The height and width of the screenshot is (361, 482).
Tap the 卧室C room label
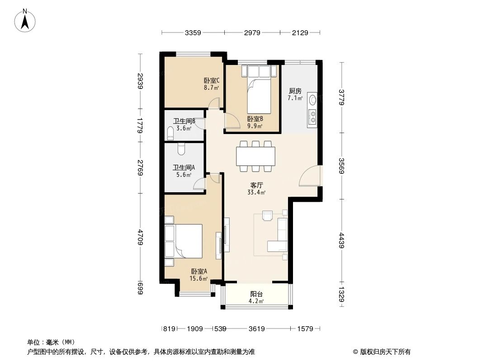(211, 81)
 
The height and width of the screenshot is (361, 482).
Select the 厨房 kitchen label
(295, 90)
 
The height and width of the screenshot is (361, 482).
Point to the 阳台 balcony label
(257, 294)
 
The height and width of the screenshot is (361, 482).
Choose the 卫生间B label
(184, 121)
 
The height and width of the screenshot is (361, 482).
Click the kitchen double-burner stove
(312, 116)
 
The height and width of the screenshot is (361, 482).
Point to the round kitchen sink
(312, 100)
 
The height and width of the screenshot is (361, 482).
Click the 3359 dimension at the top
(193, 32)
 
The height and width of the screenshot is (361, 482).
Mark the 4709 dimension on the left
(141, 238)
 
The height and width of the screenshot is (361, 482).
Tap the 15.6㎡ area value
(199, 278)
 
